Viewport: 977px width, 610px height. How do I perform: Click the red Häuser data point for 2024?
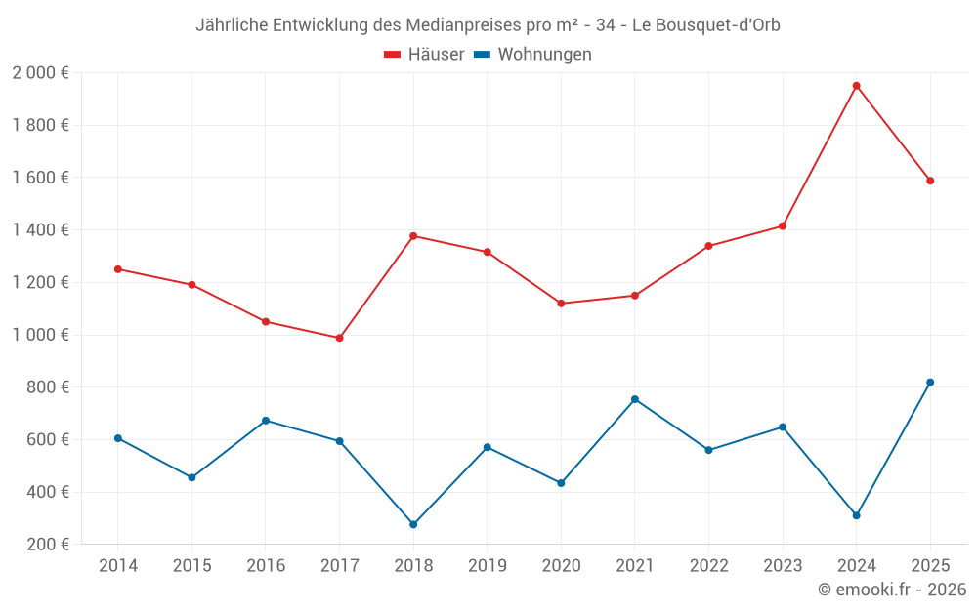[x=856, y=86]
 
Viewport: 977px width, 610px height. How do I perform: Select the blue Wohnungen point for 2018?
[x=413, y=524]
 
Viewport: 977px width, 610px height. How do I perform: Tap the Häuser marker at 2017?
[x=339, y=338]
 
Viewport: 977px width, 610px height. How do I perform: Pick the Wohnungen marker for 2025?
[x=930, y=383]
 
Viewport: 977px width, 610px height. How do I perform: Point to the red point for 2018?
[x=413, y=236]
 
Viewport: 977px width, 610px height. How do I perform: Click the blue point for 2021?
[x=635, y=399]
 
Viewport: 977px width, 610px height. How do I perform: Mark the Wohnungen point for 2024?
[x=856, y=515]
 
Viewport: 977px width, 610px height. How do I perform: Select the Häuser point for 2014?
[x=118, y=269]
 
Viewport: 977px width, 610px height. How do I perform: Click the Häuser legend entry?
[x=424, y=55]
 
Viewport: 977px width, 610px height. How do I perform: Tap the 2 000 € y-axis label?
[x=40, y=73]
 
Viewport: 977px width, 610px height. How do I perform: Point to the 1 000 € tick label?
[x=40, y=335]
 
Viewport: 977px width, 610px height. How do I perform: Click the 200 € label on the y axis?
[x=46, y=545]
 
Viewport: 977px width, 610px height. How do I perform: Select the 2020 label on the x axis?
[x=561, y=566]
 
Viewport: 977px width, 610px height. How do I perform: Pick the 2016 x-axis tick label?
[x=266, y=566]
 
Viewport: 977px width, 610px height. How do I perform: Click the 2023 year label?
[x=783, y=566]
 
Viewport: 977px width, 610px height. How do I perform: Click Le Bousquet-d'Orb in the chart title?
[x=706, y=24]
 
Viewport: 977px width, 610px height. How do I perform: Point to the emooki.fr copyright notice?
[x=892, y=590]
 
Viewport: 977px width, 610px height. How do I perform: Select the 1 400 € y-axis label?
[x=40, y=230]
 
